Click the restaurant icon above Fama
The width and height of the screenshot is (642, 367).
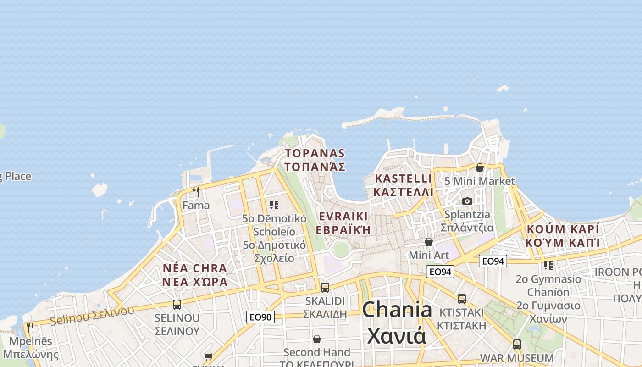tap(196, 192)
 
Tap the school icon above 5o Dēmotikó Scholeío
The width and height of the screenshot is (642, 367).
tap(274, 205)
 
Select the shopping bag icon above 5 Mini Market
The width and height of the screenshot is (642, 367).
tap(480, 167)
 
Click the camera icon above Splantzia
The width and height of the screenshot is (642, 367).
tap(467, 201)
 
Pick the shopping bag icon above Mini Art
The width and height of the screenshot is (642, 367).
tap(429, 241)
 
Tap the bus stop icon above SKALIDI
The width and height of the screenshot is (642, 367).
tap(325, 288)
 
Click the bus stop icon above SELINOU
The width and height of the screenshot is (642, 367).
tap(177, 304)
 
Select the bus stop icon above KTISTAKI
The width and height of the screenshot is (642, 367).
tap(462, 299)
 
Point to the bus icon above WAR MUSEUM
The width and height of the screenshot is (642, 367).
tap(517, 344)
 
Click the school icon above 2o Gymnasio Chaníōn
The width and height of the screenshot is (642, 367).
tap(548, 265)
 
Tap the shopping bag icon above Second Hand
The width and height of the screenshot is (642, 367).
tap(317, 339)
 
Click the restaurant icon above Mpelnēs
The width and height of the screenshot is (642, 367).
tap(30, 328)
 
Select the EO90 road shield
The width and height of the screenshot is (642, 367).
tap(260, 317)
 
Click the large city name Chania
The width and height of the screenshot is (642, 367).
tap(397, 310)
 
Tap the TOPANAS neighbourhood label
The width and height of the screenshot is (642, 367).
tap(315, 153)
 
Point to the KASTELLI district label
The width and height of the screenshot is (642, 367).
tap(404, 178)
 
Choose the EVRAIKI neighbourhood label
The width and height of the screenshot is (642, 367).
tap(343, 217)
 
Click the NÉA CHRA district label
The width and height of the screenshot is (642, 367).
tap(194, 268)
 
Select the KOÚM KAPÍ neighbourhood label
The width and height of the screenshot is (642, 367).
tap(563, 229)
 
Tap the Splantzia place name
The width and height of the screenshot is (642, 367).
tap(467, 214)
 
